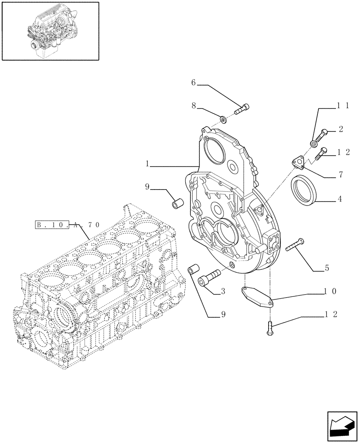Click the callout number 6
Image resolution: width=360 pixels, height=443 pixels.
point(193,82)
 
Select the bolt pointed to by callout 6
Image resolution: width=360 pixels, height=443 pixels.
point(242,108)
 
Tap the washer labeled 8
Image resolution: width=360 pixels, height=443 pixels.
point(223,119)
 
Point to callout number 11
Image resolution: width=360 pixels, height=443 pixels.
point(344,106)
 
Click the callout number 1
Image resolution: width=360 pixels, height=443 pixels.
point(147,164)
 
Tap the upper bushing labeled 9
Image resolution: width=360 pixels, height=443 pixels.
point(178,204)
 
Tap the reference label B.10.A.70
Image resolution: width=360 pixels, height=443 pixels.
point(69,225)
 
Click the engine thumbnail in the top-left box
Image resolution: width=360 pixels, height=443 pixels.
point(50,31)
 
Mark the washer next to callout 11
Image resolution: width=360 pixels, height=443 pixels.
point(314,143)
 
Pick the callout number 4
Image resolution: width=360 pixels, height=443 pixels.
point(340,199)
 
